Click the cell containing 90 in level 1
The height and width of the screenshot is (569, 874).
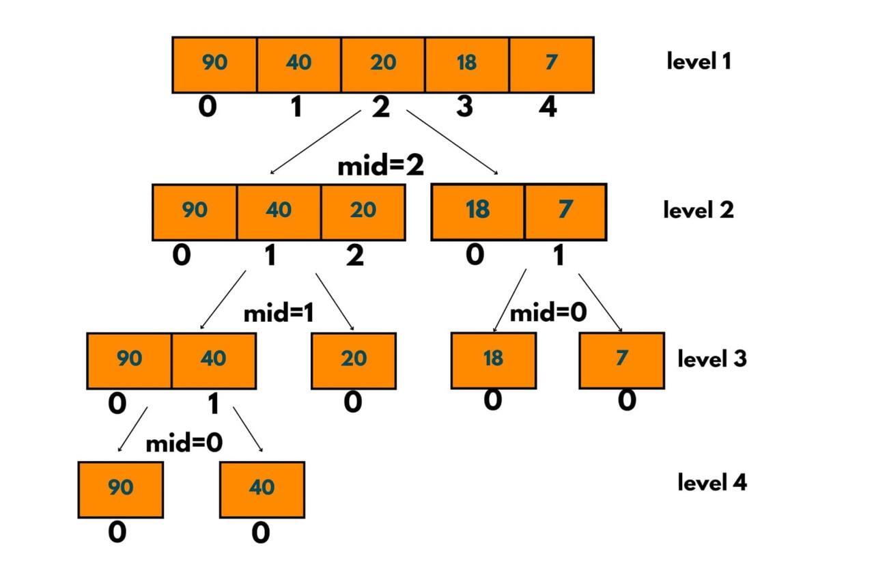click(214, 64)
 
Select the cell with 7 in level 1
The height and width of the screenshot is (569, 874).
click(551, 64)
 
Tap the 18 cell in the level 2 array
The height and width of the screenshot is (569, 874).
click(477, 211)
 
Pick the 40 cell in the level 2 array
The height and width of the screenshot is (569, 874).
click(279, 211)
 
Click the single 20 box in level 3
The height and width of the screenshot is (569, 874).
click(354, 360)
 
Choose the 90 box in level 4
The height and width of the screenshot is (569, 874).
click(120, 489)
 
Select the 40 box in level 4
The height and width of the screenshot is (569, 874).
click(262, 489)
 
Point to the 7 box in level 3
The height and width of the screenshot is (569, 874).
click(621, 360)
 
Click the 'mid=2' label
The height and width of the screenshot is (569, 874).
click(380, 166)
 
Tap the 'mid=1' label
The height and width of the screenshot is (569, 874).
click(279, 314)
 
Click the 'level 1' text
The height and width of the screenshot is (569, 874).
click(699, 61)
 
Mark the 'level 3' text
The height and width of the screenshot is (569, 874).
click(711, 359)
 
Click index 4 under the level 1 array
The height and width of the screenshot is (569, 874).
click(548, 108)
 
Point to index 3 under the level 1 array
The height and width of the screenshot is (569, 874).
click(464, 108)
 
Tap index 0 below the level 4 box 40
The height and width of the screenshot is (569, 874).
click(260, 533)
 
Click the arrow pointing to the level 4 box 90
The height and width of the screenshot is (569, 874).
click(132, 430)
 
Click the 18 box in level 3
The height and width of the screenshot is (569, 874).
click(493, 360)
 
